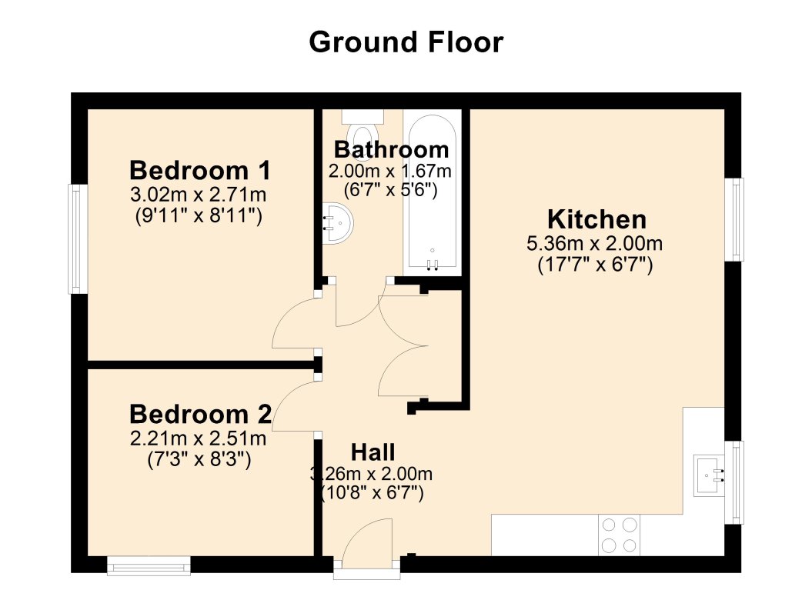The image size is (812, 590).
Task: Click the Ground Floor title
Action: coord(406,42)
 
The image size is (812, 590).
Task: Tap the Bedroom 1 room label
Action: coord(200,169)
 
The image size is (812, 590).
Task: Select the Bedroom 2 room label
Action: coord(200,415)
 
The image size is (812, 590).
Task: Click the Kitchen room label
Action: coord(596,219)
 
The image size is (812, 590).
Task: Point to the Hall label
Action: coord(373,452)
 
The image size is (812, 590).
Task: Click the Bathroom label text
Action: coord(391,148)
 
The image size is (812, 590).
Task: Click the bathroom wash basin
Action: coord(337,222)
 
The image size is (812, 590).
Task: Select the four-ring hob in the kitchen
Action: coord(620,535)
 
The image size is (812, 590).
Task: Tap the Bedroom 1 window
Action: coord(77,238)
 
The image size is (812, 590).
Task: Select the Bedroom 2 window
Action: coord(149,567)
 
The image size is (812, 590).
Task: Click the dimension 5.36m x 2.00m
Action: coord(594,245)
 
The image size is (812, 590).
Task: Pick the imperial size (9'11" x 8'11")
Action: coord(199,217)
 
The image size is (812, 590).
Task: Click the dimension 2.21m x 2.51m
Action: coord(199,439)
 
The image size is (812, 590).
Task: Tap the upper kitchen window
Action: coord(738,219)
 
